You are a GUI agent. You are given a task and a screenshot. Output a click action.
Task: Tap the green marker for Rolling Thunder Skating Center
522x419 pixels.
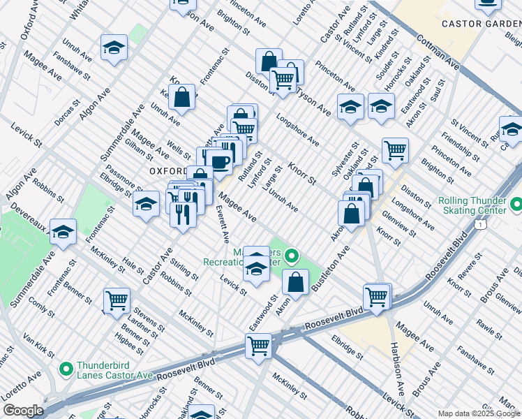[516, 205]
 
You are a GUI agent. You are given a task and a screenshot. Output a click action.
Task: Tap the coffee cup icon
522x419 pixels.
[219, 162]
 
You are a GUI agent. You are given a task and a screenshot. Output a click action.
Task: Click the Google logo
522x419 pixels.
[23, 411]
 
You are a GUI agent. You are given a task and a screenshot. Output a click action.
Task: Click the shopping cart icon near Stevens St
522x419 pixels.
[117, 300]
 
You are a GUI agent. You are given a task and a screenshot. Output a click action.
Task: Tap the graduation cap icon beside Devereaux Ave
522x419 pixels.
[64, 231]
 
